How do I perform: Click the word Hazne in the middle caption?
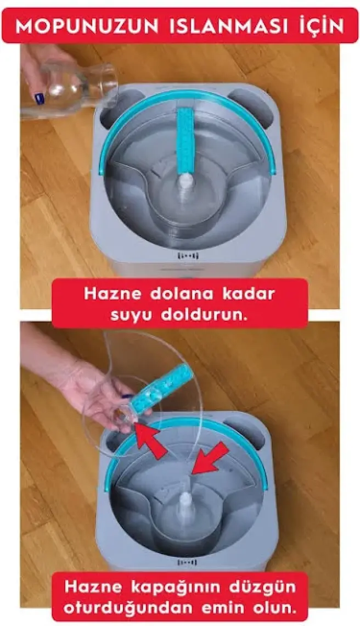pyautogui.click(x=113, y=294)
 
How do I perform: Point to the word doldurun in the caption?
pyautogui.click(x=204, y=315)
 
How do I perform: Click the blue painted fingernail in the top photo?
pyautogui.click(x=39, y=98)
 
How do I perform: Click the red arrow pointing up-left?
pyautogui.click(x=151, y=441)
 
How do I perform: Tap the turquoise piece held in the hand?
pyautogui.click(x=161, y=390)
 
